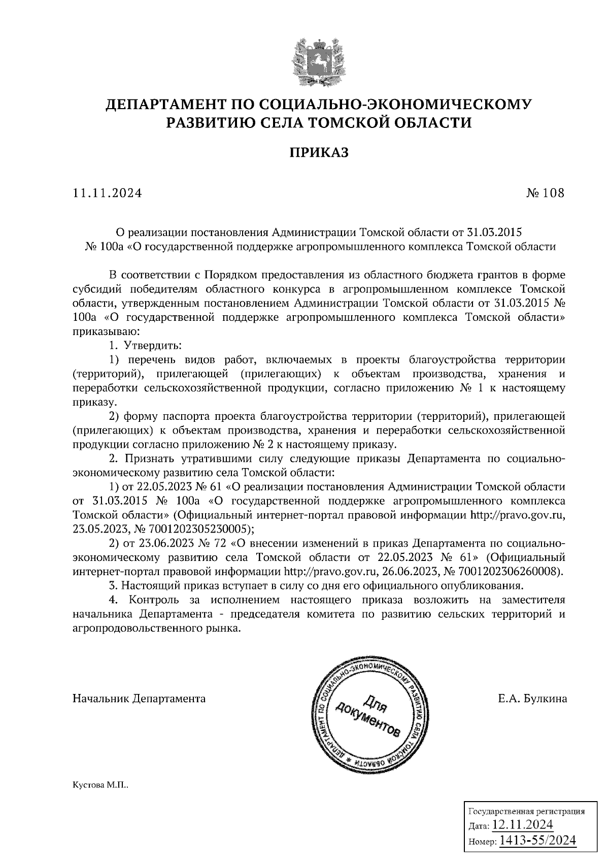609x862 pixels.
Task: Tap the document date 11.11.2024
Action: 107,193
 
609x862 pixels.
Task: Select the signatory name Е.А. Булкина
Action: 532,699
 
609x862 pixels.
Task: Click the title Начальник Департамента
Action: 139,699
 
